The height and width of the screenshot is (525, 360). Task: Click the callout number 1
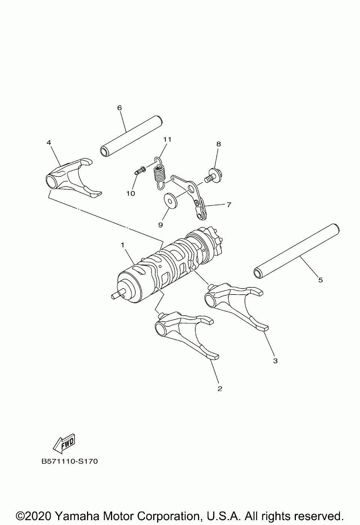click(x=122, y=245)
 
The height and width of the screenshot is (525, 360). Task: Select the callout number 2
click(x=220, y=389)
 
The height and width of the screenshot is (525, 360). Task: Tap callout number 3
click(x=275, y=361)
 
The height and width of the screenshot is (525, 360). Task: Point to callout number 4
click(x=49, y=142)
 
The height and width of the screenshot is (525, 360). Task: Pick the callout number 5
click(x=320, y=280)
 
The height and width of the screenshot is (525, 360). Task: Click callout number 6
click(x=119, y=108)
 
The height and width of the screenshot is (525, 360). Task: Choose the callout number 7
click(x=228, y=205)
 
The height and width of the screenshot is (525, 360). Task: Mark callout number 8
click(x=218, y=144)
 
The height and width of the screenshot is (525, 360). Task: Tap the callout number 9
click(x=160, y=225)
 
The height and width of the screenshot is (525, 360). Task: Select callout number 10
click(x=130, y=193)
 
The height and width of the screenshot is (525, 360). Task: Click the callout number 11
click(x=167, y=139)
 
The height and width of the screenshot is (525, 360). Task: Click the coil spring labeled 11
click(x=160, y=173)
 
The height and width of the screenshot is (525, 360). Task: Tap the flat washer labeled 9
click(x=171, y=200)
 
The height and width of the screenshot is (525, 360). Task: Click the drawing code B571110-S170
click(x=70, y=461)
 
